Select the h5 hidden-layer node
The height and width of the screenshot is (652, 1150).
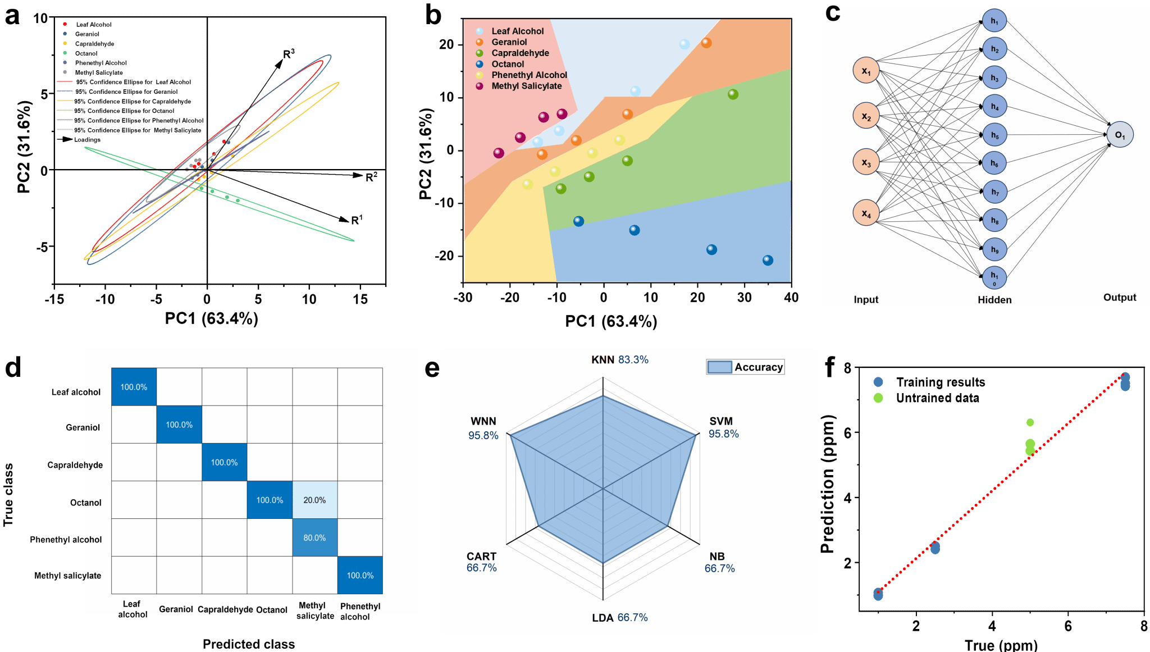[994, 135]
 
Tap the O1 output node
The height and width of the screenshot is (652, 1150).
[1120, 135]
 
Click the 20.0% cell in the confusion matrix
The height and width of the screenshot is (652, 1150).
[314, 500]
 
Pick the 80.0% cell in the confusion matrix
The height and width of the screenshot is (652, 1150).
[314, 537]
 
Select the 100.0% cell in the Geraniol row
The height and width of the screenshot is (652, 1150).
[179, 425]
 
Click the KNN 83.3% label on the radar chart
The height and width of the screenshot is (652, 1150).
[619, 359]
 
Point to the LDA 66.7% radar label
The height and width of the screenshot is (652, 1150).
[619, 617]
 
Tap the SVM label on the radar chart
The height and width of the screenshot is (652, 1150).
[721, 421]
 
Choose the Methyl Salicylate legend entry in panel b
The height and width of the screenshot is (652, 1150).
[526, 86]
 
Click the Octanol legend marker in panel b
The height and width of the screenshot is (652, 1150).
[480, 64]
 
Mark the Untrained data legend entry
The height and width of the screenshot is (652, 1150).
[937, 398]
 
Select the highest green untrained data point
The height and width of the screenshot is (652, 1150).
[1030, 422]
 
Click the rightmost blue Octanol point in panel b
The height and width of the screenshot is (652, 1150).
[768, 260]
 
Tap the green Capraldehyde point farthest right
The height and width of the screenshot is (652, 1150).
[733, 94]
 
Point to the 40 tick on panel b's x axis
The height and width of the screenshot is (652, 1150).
[791, 298]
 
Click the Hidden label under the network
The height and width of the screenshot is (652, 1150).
[994, 300]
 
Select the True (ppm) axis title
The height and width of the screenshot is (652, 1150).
[1001, 645]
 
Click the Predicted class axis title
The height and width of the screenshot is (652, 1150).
[249, 644]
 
